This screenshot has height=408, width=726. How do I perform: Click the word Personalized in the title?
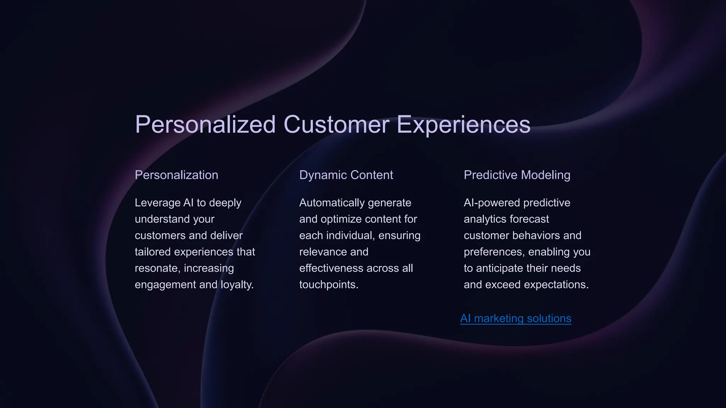[x=205, y=125]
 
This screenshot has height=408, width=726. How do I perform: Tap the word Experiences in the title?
[x=463, y=125]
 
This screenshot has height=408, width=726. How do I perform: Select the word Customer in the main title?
[x=336, y=125]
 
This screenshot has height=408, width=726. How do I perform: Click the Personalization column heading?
[x=176, y=175]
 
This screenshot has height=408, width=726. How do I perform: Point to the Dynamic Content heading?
[x=346, y=175]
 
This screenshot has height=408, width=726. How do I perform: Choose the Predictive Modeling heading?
[x=517, y=175]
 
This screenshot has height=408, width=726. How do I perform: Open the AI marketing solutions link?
[x=515, y=318]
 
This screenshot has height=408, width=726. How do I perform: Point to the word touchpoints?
[x=329, y=284]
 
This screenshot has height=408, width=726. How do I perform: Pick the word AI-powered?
[x=492, y=203]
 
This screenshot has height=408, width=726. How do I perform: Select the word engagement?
[x=165, y=284]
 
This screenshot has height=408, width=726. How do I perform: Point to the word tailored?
[x=153, y=252]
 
